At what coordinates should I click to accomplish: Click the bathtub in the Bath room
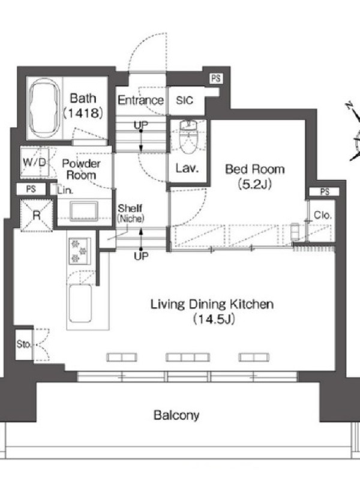44,108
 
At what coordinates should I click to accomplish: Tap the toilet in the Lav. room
188,137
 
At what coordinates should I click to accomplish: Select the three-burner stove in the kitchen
80,251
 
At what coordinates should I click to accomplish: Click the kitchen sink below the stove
80,303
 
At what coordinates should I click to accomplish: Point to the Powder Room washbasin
83,211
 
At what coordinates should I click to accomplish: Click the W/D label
35,162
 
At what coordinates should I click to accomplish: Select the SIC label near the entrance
185,100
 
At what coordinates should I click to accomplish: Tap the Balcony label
176,415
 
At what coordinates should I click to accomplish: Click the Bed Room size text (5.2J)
255,184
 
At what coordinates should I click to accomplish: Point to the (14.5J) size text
214,319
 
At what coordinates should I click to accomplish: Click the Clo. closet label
323,215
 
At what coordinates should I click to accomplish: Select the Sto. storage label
23,344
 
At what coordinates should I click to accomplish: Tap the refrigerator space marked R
37,215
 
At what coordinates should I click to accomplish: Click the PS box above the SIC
216,79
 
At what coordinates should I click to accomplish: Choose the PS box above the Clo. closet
325,192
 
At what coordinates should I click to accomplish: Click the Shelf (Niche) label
130,213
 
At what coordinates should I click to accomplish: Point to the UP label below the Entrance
141,125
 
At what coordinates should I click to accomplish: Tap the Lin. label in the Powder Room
65,190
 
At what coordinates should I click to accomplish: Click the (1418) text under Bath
83,113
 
